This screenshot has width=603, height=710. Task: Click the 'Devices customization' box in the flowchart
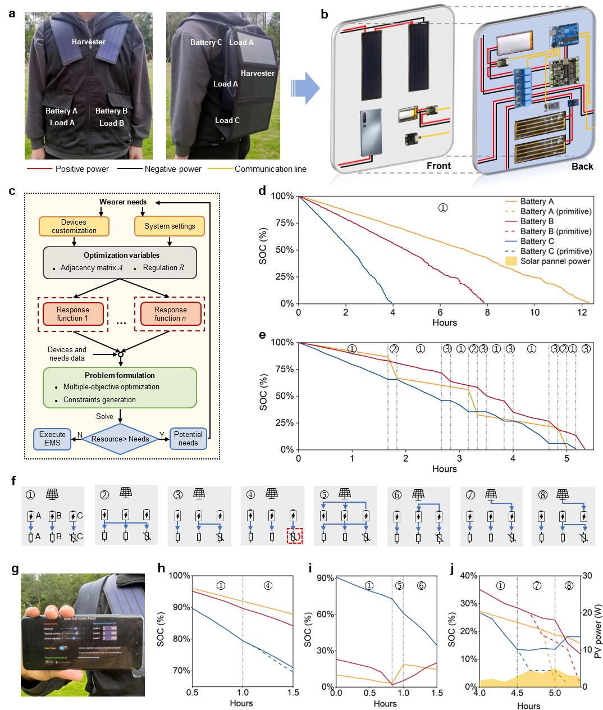(x=74, y=226)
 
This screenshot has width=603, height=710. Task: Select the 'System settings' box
(x=170, y=226)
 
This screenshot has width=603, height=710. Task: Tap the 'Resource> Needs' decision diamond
(x=120, y=439)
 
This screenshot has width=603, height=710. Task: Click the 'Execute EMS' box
(x=52, y=439)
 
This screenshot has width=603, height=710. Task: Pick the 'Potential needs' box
(x=188, y=439)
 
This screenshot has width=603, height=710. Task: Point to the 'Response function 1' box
(x=72, y=314)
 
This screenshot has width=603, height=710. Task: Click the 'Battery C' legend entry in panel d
(x=537, y=242)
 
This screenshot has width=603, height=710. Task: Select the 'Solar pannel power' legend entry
(x=555, y=261)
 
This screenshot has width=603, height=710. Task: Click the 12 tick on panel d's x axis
(x=582, y=312)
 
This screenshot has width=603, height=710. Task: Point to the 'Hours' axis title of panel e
(x=444, y=468)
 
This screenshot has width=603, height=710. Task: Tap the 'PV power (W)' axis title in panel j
(x=598, y=631)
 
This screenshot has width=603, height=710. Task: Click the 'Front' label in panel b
(x=438, y=166)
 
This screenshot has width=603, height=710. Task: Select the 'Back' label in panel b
(x=582, y=166)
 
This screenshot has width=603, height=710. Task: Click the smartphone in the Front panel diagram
(x=371, y=133)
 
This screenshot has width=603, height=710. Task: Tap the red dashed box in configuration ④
(x=294, y=536)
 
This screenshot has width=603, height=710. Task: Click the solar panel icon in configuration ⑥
(x=418, y=495)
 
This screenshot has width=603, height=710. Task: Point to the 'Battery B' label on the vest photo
(x=111, y=111)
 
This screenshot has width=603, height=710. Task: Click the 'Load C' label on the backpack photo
(x=227, y=120)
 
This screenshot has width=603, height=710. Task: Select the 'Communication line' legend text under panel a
(x=270, y=169)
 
